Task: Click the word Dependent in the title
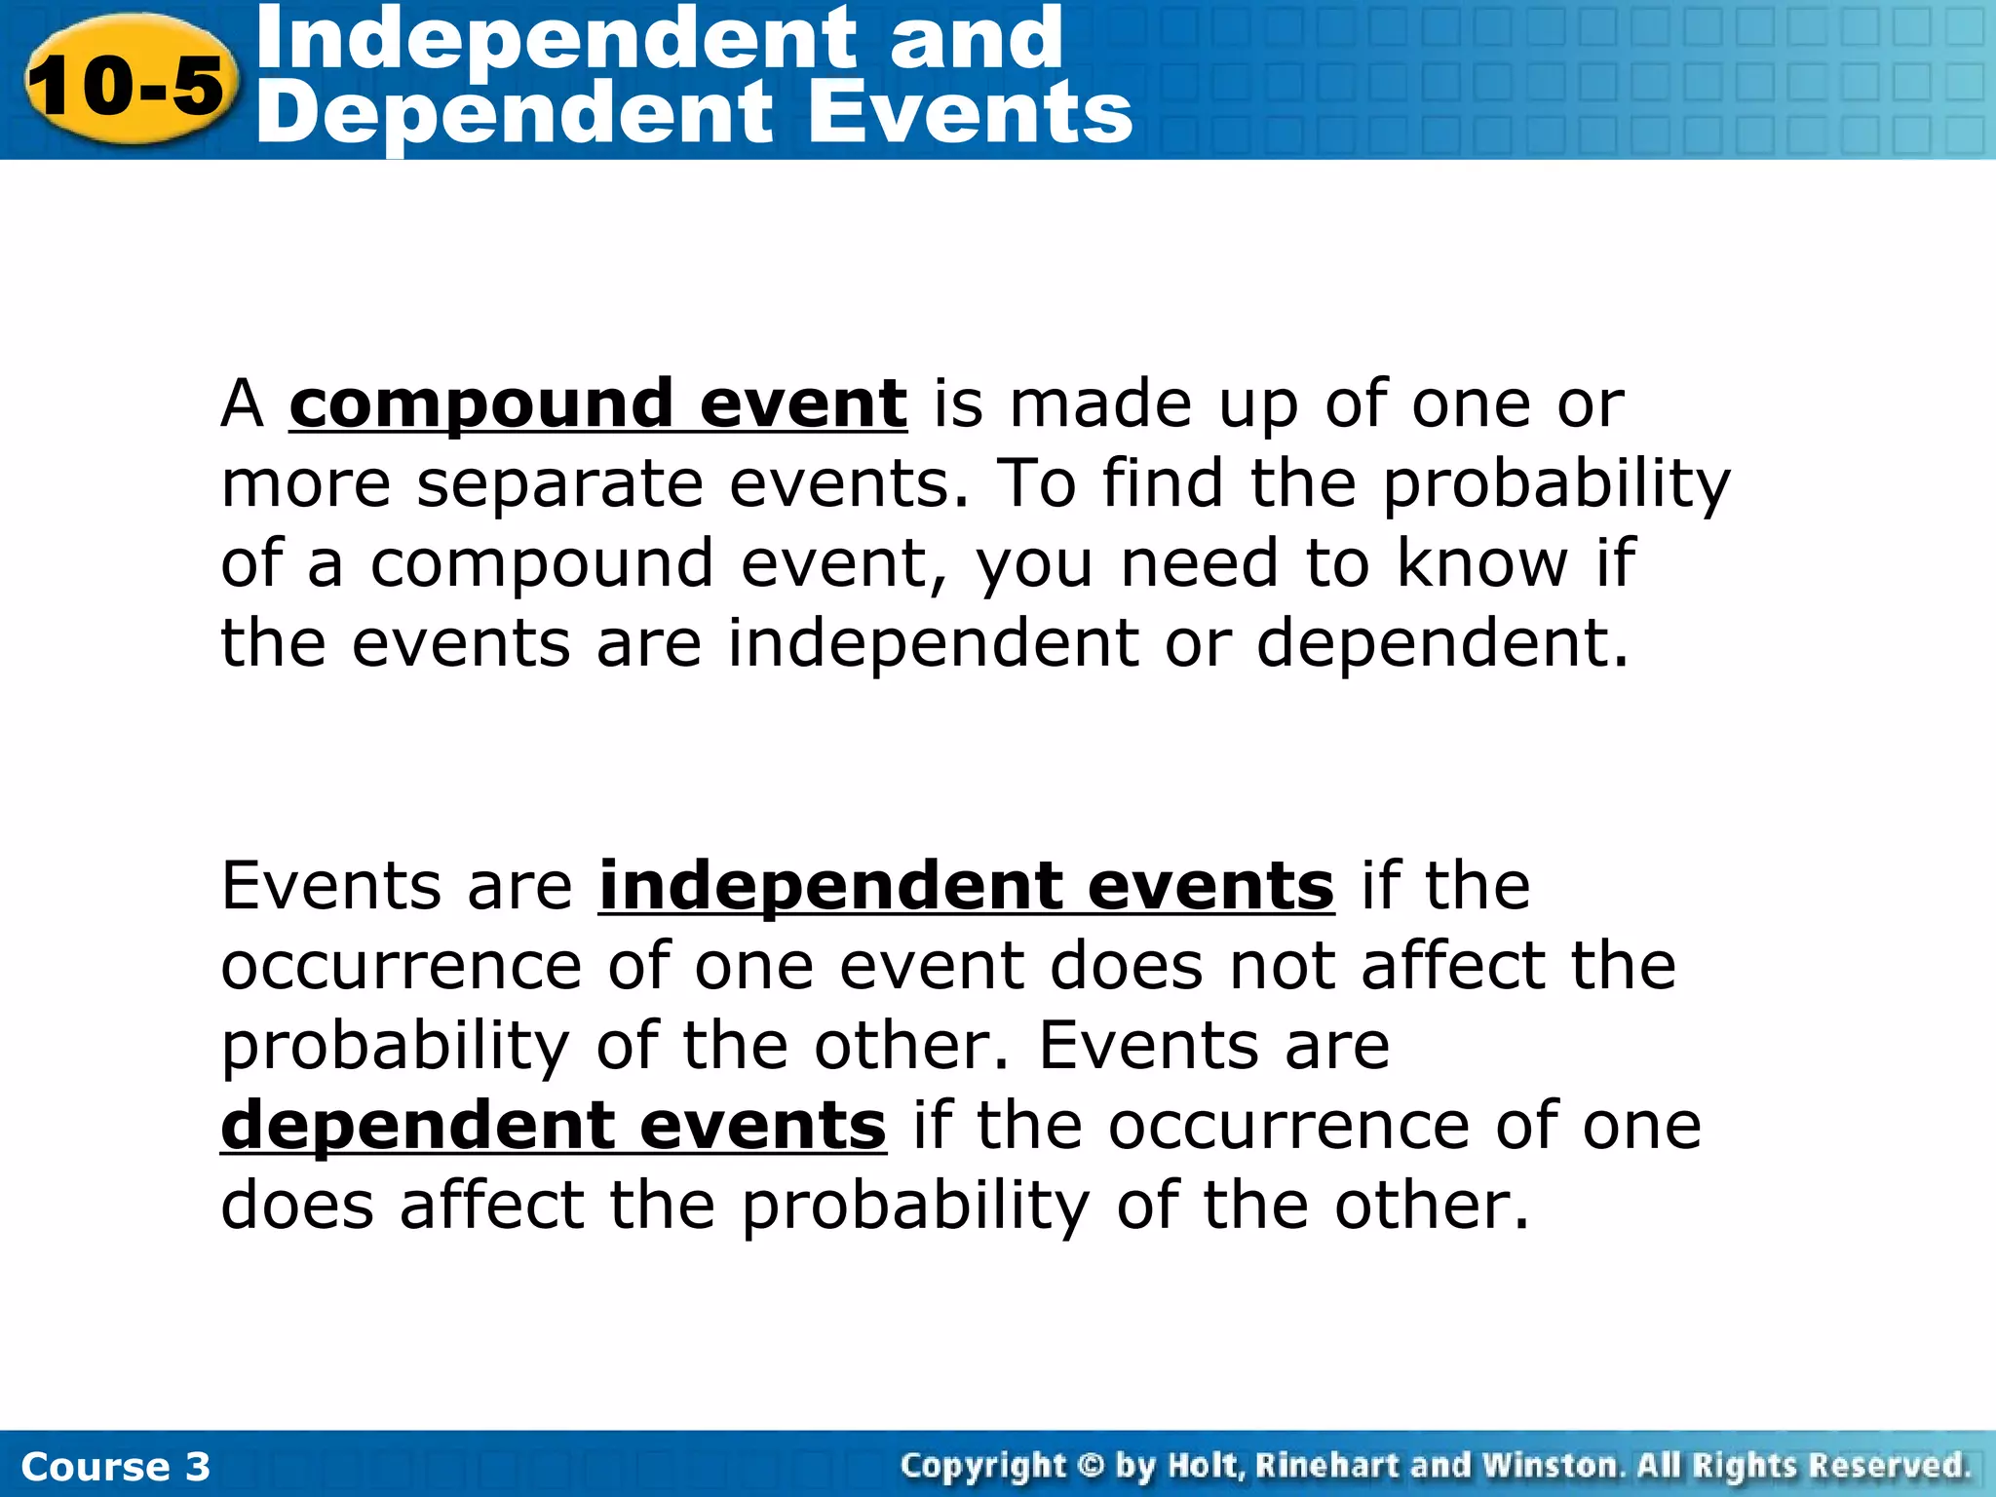[517, 113]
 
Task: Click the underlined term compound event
[597, 403]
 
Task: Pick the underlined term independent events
[966, 886]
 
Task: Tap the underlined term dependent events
[553, 1126]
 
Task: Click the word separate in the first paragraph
[559, 483]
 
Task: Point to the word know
[1481, 563]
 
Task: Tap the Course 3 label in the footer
[115, 1467]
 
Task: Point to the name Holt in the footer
[1205, 1466]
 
